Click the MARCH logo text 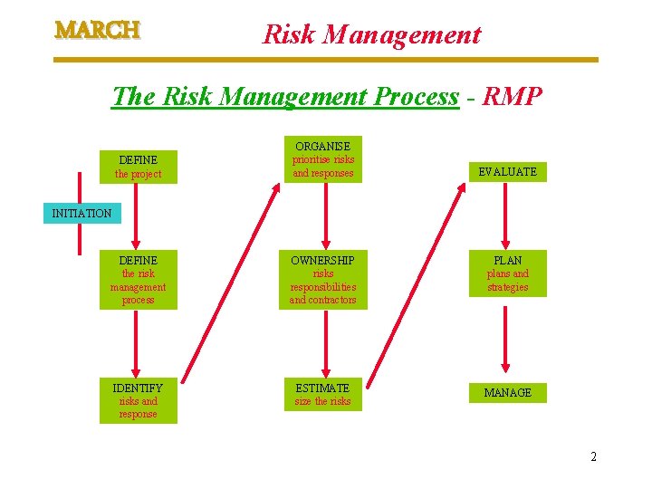pyautogui.click(x=98, y=30)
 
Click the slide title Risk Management pyautogui.click(x=371, y=35)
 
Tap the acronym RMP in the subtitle pyautogui.click(x=512, y=96)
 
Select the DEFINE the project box pyautogui.click(x=138, y=167)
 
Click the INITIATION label pyautogui.click(x=81, y=214)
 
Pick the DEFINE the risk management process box pyautogui.click(x=138, y=280)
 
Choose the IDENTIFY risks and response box pyautogui.click(x=138, y=400)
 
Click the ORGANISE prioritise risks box pyautogui.click(x=322, y=159)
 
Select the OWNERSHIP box pyautogui.click(x=322, y=280)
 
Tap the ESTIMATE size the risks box pyautogui.click(x=322, y=394)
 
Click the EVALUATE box pyautogui.click(x=507, y=171)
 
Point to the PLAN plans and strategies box pyautogui.click(x=507, y=273)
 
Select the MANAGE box pyautogui.click(x=507, y=392)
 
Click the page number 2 pyautogui.click(x=593, y=456)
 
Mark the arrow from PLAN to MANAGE pyautogui.click(x=507, y=340)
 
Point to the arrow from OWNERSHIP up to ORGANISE pyautogui.click(x=322, y=216)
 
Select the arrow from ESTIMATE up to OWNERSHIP pyautogui.click(x=322, y=342)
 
